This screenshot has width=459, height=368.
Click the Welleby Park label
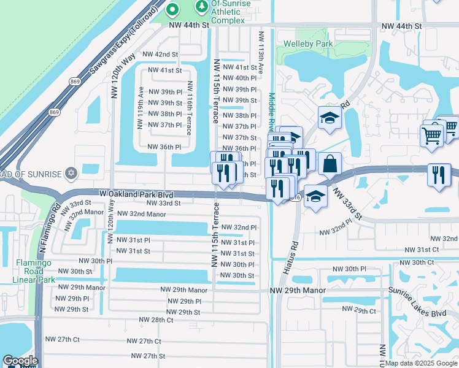[x=307, y=44]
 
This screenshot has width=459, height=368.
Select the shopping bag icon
[x=330, y=164]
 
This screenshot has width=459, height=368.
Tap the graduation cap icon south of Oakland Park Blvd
[x=315, y=197]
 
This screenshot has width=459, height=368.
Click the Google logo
[x=20, y=361]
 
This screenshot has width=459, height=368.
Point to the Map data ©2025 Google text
[x=421, y=363]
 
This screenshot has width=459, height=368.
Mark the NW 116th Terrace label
[x=190, y=108]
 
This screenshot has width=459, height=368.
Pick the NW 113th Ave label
[x=261, y=53]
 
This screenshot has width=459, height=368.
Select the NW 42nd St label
[x=160, y=55]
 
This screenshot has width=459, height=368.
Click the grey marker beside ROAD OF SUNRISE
[x=72, y=174]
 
